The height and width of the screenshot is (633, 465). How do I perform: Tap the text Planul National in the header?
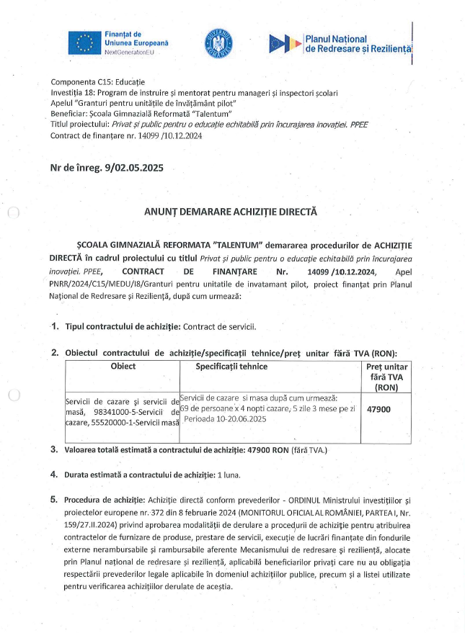336,39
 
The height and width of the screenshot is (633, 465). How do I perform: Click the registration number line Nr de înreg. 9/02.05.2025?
107,168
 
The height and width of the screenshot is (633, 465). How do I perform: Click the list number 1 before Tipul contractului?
55,326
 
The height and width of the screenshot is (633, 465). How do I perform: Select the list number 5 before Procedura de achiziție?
54,499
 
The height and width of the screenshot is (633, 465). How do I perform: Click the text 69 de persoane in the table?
209,408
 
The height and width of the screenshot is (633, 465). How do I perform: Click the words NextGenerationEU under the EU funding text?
128,53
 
